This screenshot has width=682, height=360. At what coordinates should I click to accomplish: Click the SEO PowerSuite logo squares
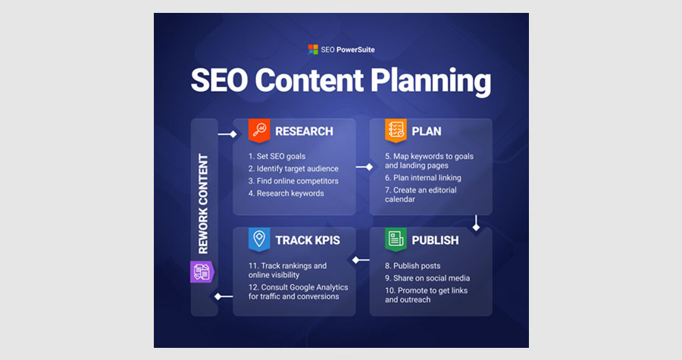pyautogui.click(x=313, y=49)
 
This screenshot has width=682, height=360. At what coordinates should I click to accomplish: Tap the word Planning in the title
pyautogui.click(x=430, y=81)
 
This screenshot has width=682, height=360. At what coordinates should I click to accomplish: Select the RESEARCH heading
pyautogui.click(x=304, y=131)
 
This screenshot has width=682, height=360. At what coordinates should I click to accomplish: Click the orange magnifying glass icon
pyautogui.click(x=259, y=130)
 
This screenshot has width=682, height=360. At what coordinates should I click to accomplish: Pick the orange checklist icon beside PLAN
pyautogui.click(x=396, y=130)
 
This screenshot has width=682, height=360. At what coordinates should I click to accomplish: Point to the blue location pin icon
pyautogui.click(x=259, y=239)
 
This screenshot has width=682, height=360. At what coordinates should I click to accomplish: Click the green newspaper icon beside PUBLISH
pyautogui.click(x=396, y=239)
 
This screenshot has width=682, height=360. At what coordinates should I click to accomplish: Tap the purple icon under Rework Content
pyautogui.click(x=202, y=272)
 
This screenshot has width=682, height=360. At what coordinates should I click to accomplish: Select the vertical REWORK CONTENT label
pyautogui.click(x=203, y=204)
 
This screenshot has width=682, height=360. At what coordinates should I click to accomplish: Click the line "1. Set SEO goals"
pyautogui.click(x=277, y=156)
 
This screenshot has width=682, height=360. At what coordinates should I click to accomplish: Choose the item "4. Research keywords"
pyautogui.click(x=286, y=193)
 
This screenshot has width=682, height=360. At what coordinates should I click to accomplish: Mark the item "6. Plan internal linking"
pyautogui.click(x=423, y=177)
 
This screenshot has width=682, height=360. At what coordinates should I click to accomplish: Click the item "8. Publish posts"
pyautogui.click(x=413, y=266)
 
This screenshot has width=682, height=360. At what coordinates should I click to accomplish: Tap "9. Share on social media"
pyautogui.click(x=427, y=278)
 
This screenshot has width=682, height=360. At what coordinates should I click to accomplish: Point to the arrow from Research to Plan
pyautogui.click(x=364, y=167)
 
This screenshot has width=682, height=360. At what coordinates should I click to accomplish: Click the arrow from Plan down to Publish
pyautogui.click(x=476, y=223)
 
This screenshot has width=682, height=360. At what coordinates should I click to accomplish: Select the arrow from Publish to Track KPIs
pyautogui.click(x=361, y=260)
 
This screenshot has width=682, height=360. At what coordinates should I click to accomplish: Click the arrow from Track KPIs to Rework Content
pyautogui.click(x=224, y=296)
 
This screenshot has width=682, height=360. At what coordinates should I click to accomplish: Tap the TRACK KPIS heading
pyautogui.click(x=308, y=240)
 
